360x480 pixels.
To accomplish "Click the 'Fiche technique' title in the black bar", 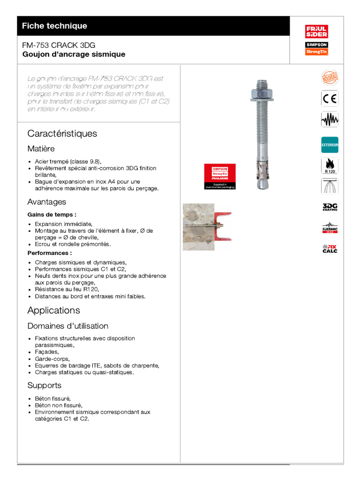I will (54, 26).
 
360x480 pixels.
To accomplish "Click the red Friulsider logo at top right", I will (316, 32).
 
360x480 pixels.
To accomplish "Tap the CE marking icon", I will (329, 99).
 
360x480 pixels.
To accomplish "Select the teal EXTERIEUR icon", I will (329, 145).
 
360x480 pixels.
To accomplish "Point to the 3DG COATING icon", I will (330, 207).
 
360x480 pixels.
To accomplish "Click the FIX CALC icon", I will (330, 248).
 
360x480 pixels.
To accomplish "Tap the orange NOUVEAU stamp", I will (329, 78).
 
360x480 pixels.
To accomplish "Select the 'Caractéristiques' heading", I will (62, 134).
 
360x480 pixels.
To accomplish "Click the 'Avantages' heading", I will (47, 202).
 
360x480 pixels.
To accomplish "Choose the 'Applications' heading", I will (54, 310).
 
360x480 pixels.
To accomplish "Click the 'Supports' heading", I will (45, 385).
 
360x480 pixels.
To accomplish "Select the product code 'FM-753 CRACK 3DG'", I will (59, 45).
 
